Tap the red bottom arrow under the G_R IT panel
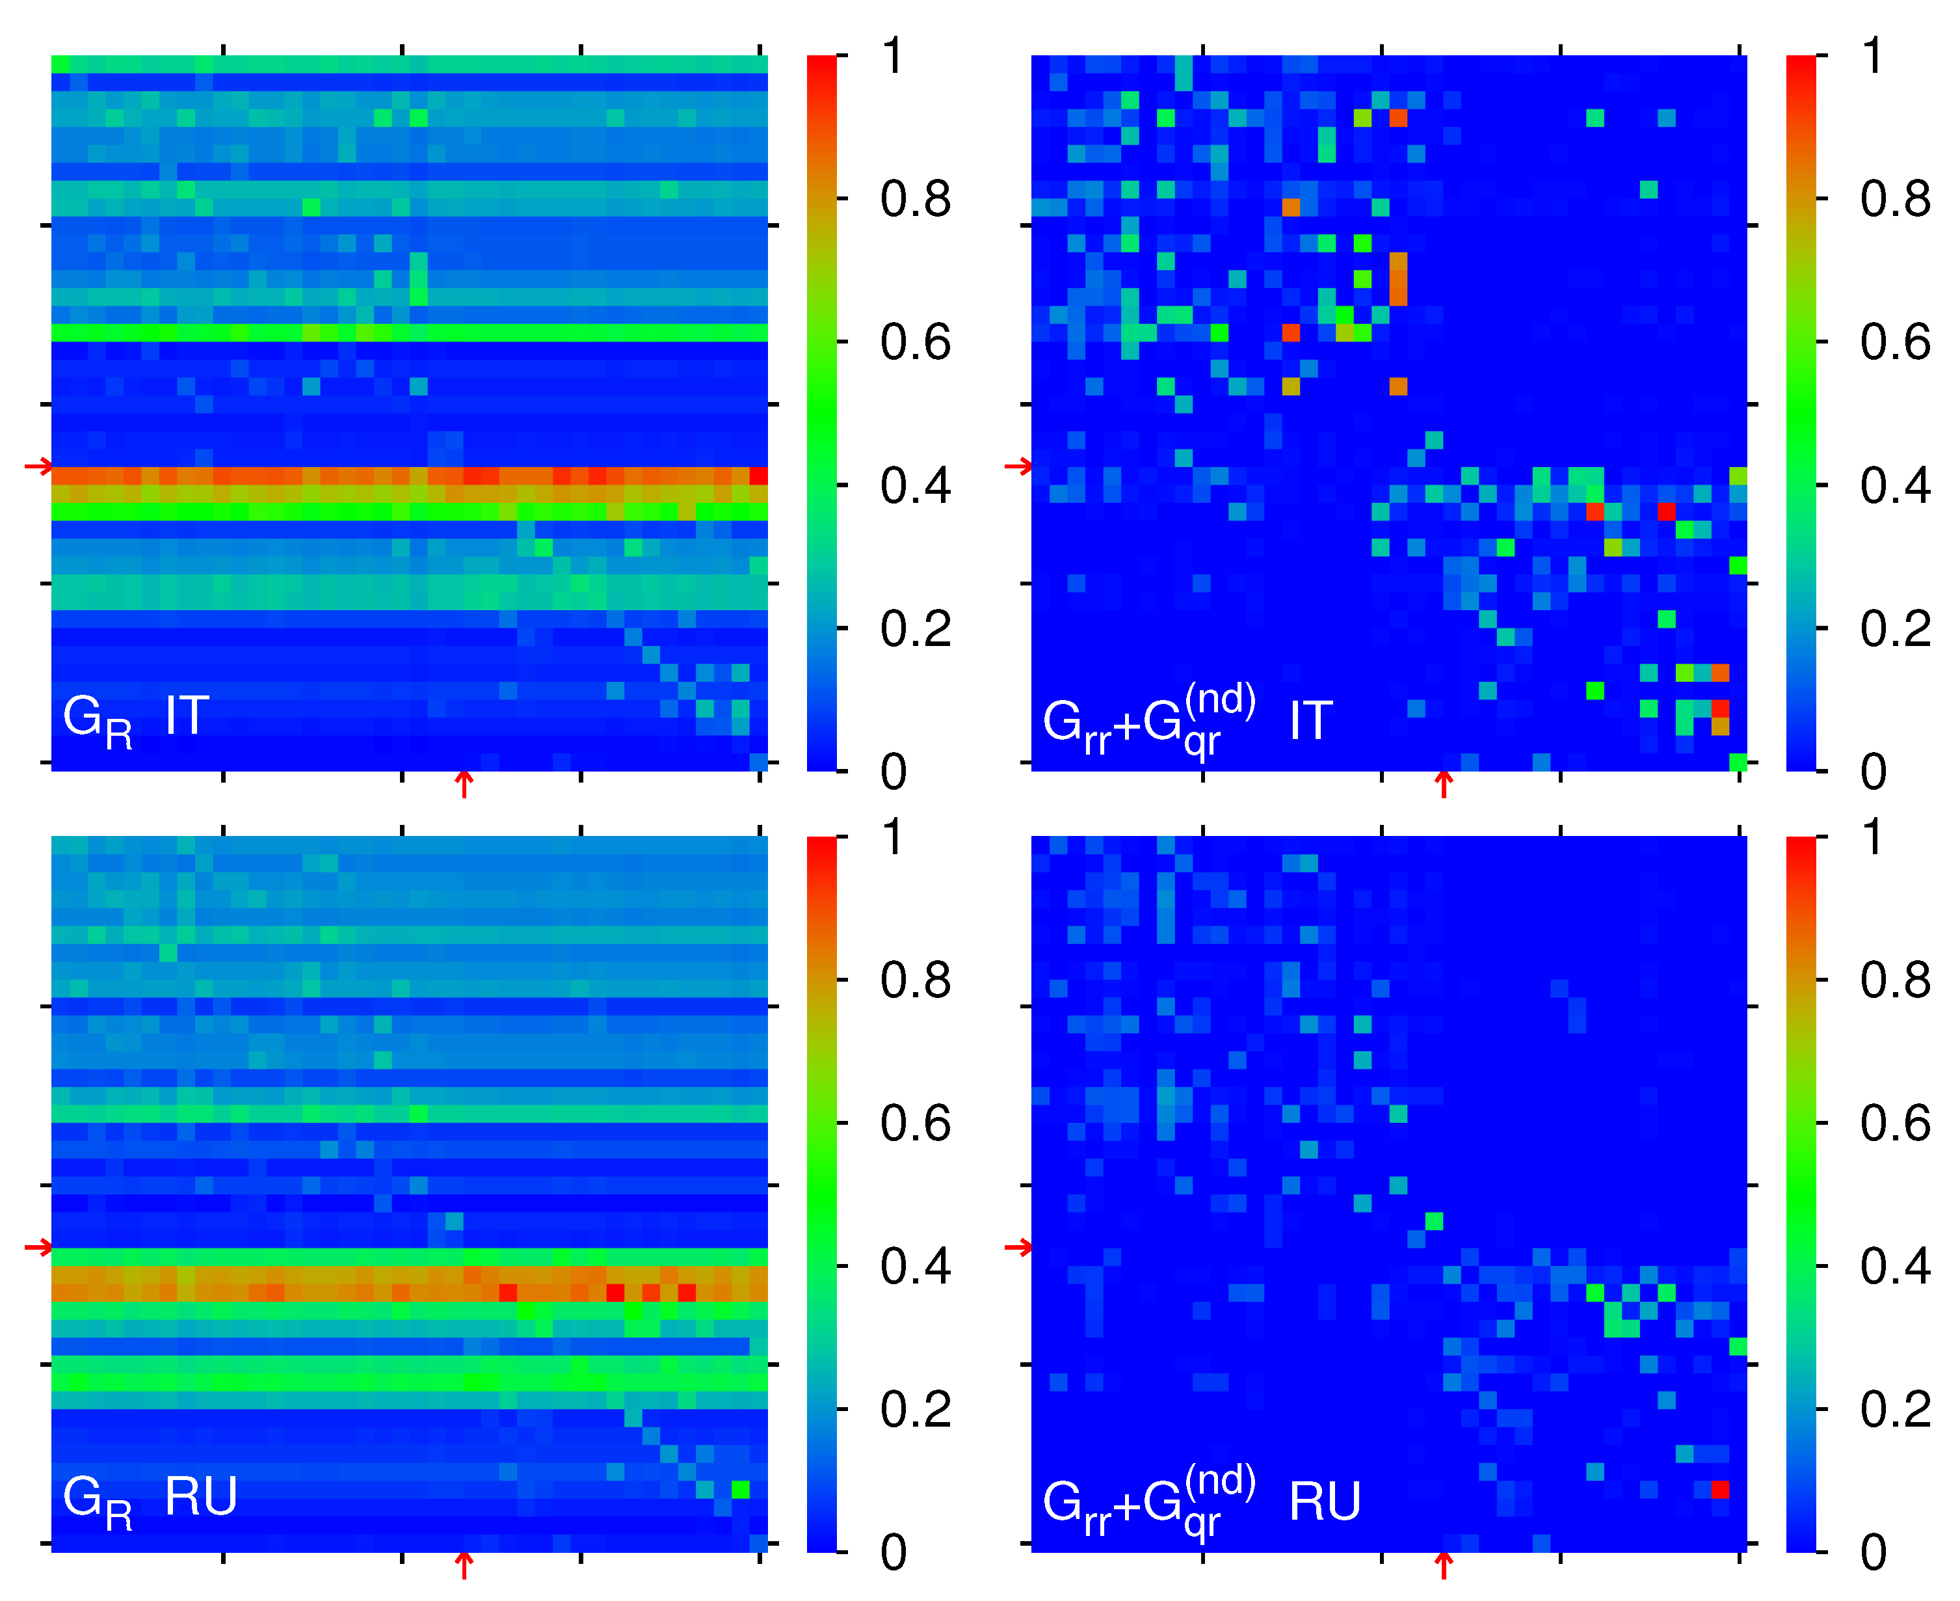click(x=465, y=784)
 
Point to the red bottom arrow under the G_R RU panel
click(x=465, y=1565)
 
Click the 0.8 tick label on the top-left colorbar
click(x=914, y=199)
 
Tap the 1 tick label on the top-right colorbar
click(x=1872, y=56)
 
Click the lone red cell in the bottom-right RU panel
click(x=1720, y=1489)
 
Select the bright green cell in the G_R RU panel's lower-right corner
click(x=740, y=1489)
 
